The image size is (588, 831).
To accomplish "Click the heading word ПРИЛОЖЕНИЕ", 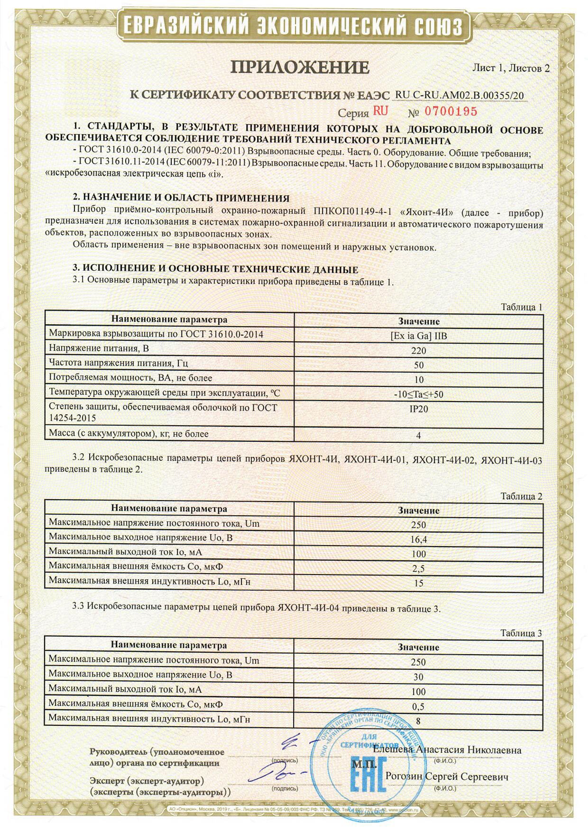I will [300, 68].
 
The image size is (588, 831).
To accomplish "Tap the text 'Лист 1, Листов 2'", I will [511, 68].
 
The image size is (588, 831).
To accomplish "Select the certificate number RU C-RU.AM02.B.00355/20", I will [459, 95].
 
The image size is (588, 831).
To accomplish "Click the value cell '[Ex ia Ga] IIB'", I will [418, 336].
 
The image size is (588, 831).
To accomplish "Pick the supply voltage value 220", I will [419, 351].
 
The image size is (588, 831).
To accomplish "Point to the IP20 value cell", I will [418, 409].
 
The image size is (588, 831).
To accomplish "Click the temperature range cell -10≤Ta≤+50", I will [418, 394].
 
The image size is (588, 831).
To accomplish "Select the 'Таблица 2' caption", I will [521, 496].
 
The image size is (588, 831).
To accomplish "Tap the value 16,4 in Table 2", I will [419, 539].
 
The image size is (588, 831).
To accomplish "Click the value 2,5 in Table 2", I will [419, 568].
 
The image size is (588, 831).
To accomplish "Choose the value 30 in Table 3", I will [418, 677].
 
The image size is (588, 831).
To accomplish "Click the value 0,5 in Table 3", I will [418, 706].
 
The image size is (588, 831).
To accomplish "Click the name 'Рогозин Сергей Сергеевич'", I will [447, 777].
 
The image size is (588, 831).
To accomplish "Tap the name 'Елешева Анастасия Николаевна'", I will [447, 750].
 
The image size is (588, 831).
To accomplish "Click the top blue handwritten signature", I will [294, 743].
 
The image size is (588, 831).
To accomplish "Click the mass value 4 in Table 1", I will [418, 435].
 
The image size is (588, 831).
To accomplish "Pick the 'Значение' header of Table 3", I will [418, 647].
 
